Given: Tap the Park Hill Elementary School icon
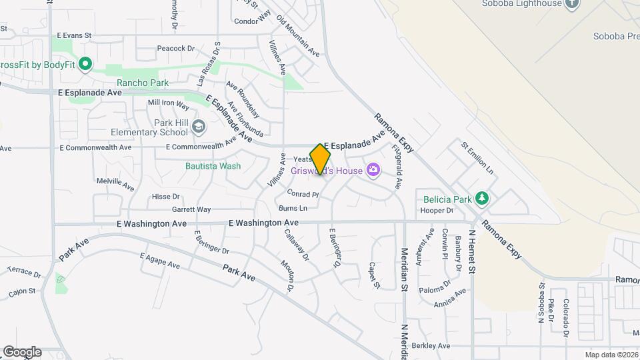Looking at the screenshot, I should coord(198,126).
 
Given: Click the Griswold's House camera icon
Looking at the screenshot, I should coord(373,170).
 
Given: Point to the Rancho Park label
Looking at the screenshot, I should coord(143,83).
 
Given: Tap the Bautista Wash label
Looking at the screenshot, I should coord(213,166).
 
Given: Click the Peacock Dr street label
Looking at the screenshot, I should coord(175,48).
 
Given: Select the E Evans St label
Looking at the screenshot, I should coord(74,35).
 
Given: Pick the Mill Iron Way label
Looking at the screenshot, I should coord(169,103).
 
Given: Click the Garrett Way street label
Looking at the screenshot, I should coord(191,209).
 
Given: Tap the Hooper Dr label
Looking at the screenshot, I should coord(437,211).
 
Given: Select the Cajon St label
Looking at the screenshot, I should coord(22,292).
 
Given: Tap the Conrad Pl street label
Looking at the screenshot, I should coord(303,195).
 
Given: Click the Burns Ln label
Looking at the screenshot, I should coord(294,209).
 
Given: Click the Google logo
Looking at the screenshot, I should coord(22,352).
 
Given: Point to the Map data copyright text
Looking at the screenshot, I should coord(611,355).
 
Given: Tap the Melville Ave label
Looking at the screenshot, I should coord(111,181).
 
